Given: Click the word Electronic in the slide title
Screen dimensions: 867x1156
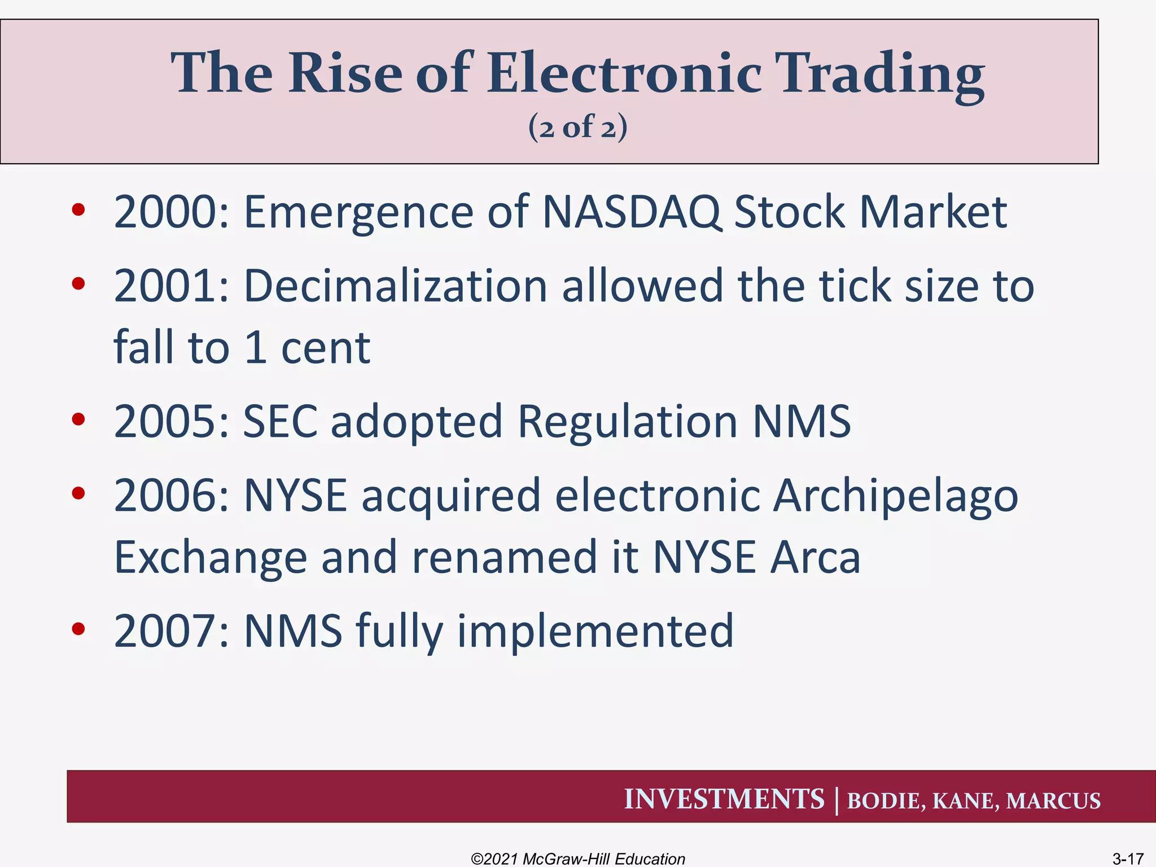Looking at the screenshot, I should click(624, 73).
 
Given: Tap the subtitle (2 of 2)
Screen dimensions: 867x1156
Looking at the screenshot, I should click(577, 127).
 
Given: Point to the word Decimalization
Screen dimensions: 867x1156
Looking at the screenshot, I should click(395, 286).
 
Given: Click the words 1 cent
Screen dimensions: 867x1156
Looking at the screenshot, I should click(308, 348).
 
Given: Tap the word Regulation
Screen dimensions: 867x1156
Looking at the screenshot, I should click(627, 422).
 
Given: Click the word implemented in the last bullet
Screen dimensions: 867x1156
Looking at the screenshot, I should click(595, 631).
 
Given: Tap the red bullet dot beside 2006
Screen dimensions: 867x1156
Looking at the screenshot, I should click(78, 493).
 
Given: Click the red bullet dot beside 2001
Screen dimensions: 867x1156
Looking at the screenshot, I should click(78, 283).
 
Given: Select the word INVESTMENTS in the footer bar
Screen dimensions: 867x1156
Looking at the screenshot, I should click(724, 799).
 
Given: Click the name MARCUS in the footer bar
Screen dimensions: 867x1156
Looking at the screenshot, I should click(1053, 801).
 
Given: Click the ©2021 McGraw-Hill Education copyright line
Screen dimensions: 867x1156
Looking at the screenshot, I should click(577, 859).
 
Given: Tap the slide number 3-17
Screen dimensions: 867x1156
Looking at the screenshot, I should click(1127, 859).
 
